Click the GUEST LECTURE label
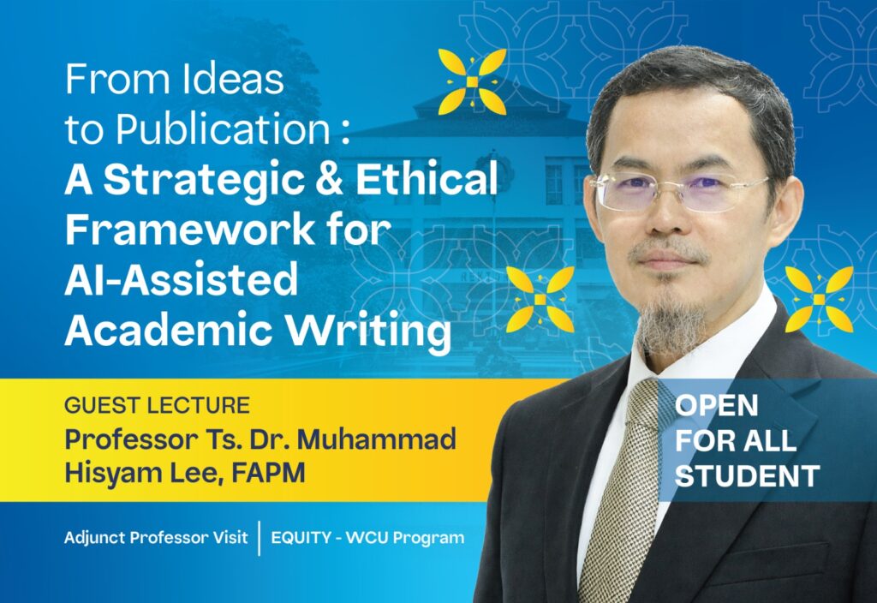click(x=157, y=405)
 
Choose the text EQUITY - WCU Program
click(x=367, y=539)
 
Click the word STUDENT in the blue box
click(x=748, y=476)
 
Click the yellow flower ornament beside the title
click(x=472, y=82)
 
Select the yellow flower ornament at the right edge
click(x=819, y=299)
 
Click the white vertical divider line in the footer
click(x=260, y=539)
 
